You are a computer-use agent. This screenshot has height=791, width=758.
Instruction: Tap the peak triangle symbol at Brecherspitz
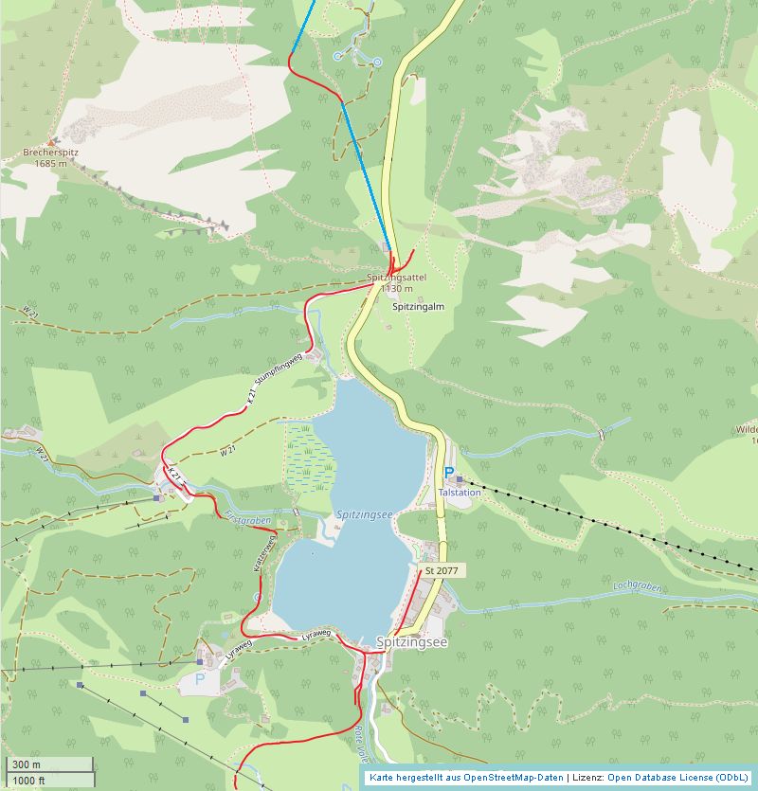click(x=51, y=141)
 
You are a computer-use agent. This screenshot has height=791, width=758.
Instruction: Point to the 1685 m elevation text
click(x=50, y=163)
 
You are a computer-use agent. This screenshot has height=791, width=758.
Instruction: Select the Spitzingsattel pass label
click(x=396, y=277)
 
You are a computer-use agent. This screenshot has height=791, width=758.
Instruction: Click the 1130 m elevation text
click(x=396, y=288)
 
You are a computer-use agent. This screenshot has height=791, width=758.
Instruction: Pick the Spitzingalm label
click(x=418, y=307)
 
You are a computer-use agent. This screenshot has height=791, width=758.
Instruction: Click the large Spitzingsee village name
click(x=411, y=641)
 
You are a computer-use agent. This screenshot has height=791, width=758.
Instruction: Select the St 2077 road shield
click(x=442, y=571)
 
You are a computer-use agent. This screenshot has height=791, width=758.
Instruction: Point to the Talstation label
click(x=460, y=493)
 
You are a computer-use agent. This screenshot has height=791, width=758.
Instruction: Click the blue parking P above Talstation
click(x=449, y=473)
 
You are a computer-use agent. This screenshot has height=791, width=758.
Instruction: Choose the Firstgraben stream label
click(x=248, y=519)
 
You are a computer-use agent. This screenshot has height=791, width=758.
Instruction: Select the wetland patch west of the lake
click(x=310, y=455)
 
